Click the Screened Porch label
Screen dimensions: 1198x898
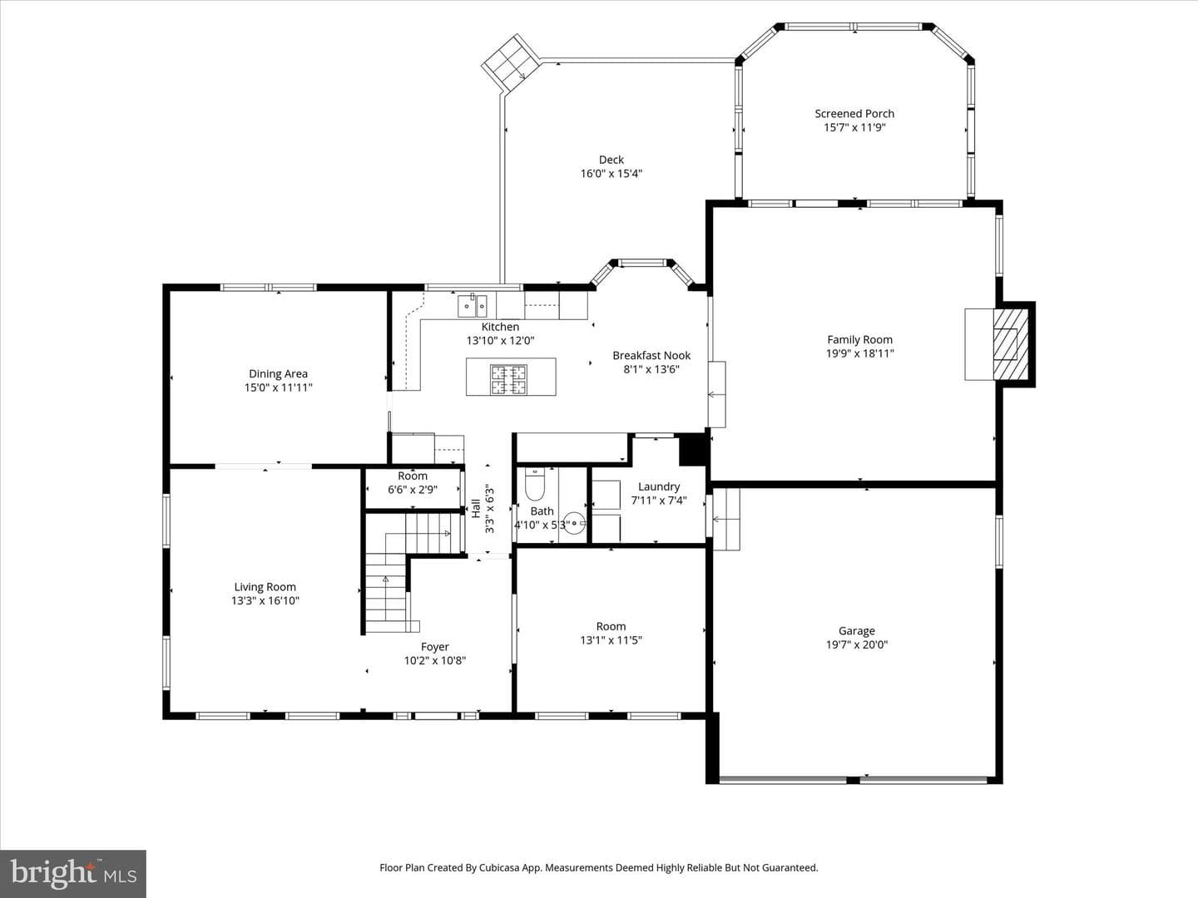point(854,114)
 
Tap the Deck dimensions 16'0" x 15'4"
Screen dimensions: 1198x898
point(611,174)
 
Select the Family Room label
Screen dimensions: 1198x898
point(859,340)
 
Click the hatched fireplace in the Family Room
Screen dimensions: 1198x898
point(1010,344)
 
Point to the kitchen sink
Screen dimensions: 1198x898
point(472,306)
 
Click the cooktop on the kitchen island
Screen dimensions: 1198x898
point(508,379)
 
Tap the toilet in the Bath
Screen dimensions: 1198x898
point(535,485)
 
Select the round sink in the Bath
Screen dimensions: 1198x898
point(574,524)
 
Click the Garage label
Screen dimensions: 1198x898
point(857,631)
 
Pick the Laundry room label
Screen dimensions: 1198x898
point(659,487)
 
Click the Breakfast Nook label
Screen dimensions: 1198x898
point(651,356)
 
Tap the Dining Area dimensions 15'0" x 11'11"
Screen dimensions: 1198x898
point(279,387)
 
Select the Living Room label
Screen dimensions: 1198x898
point(265,587)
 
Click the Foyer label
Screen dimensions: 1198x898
point(435,647)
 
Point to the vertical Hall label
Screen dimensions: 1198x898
point(476,509)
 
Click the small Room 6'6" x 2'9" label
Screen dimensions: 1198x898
point(413,476)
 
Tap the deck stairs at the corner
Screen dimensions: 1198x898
point(511,63)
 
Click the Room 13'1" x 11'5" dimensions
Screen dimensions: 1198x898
point(611,640)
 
